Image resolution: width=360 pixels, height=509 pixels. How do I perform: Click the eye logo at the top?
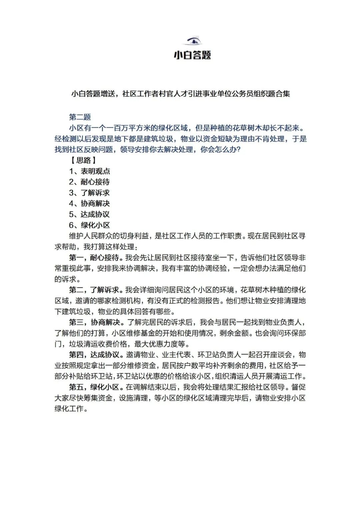pos(193,41)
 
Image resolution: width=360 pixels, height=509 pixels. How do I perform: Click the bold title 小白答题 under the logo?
pos(192,55)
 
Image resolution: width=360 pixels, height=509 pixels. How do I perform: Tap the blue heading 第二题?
pos(80,117)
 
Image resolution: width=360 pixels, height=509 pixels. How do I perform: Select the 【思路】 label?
pos(83,160)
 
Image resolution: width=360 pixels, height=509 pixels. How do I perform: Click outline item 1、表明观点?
pos(89,171)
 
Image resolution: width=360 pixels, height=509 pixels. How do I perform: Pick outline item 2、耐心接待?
pos(89,182)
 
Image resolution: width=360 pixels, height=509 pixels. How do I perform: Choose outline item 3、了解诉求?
pos(89,193)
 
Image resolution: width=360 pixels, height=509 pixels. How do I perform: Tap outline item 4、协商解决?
pos(89,204)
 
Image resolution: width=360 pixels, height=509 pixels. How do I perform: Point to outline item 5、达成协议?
pos(89,214)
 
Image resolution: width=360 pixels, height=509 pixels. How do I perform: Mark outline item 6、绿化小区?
pos(89,225)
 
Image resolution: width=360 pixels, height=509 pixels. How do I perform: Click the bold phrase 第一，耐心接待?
pos(94,258)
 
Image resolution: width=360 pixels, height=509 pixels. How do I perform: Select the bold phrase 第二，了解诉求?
pos(94,290)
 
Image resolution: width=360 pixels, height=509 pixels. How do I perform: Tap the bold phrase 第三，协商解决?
pos(94,322)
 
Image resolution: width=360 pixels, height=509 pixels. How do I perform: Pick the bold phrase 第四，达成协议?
pos(94,355)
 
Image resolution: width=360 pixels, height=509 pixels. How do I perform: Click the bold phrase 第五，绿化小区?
pos(94,387)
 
